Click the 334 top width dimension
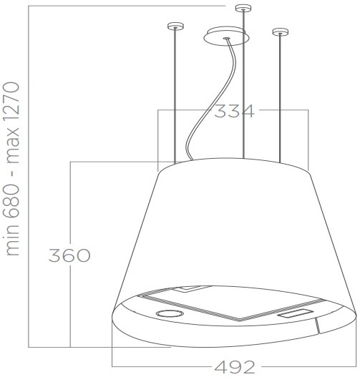[x=234, y=111]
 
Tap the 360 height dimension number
[x=69, y=255]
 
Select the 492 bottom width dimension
[x=235, y=367]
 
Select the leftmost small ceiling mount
[x=175, y=26]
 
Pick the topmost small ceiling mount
[x=243, y=8]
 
